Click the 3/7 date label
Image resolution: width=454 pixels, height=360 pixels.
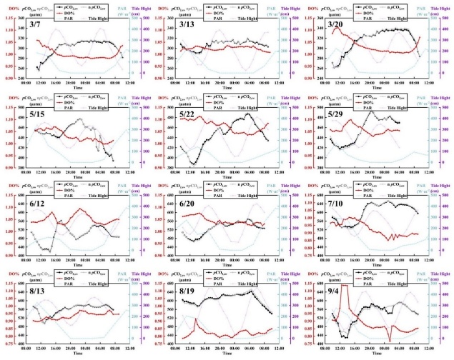35,25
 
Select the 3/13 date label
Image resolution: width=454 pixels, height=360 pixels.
187,25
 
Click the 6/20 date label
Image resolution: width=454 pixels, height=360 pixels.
187,204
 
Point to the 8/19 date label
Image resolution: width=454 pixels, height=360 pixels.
187,292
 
